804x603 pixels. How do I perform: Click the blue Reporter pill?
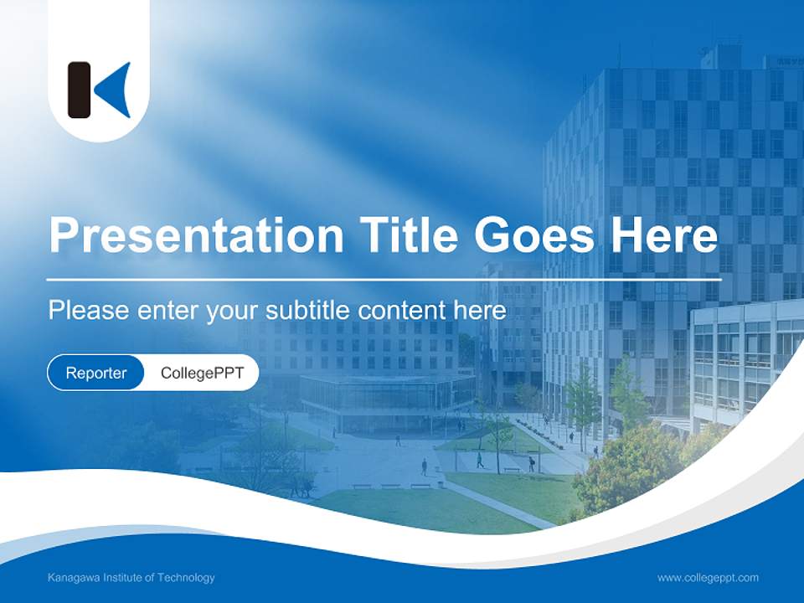click(x=95, y=373)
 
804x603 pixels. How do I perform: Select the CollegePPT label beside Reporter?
click(x=202, y=373)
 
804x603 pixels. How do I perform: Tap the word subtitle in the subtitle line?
click(x=307, y=311)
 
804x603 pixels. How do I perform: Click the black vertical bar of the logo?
click(x=79, y=90)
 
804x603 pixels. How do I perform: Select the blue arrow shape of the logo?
click(x=115, y=90)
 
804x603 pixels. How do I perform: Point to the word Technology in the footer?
click(x=188, y=578)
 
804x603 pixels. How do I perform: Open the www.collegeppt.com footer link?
click(x=708, y=578)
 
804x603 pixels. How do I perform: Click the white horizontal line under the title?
click(x=384, y=279)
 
